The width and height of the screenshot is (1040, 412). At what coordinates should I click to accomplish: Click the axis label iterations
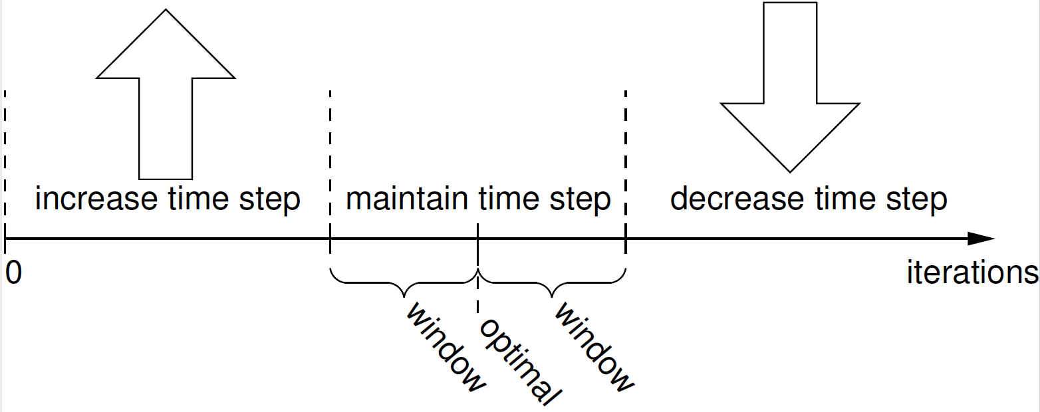tap(972, 273)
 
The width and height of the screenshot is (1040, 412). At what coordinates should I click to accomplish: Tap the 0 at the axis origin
tap(13, 273)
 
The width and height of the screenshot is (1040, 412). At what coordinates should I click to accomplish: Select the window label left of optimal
tap(444, 348)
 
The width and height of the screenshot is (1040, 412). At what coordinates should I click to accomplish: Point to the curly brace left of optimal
tap(404, 283)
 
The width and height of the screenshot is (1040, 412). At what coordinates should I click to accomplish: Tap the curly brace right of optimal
tap(551, 283)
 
